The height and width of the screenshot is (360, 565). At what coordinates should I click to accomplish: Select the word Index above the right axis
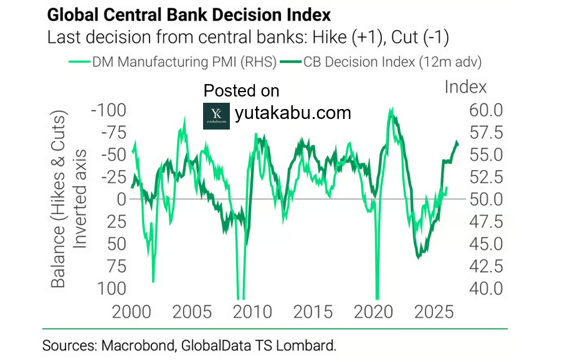[466, 87]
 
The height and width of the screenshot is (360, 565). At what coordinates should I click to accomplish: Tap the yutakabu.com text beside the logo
[293, 113]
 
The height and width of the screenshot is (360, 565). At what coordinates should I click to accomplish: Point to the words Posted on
[242, 91]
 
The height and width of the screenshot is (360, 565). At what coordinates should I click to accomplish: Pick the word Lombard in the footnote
[310, 344]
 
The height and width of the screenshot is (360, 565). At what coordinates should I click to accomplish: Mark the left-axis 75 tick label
[113, 266]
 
